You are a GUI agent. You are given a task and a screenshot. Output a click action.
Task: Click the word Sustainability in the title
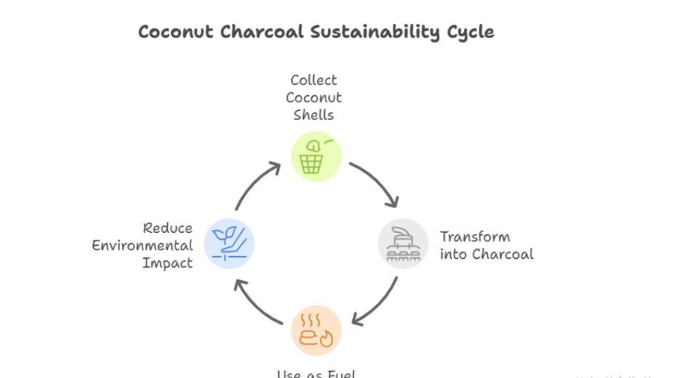pyautogui.click(x=376, y=32)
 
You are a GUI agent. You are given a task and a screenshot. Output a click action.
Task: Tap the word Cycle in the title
pyautogui.click(x=470, y=32)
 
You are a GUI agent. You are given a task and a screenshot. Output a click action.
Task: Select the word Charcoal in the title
pyautogui.click(x=266, y=32)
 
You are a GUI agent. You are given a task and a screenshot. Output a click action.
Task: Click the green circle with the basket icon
pyautogui.click(x=316, y=157)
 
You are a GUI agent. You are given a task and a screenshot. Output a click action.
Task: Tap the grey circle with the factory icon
pyautogui.click(x=403, y=244)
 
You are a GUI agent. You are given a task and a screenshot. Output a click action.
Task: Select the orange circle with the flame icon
pyautogui.click(x=316, y=331)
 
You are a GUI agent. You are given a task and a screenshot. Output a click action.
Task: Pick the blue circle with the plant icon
pyautogui.click(x=229, y=244)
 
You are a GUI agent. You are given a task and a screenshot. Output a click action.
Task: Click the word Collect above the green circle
pyautogui.click(x=314, y=80)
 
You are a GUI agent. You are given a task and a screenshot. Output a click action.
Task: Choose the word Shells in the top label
pyautogui.click(x=314, y=114)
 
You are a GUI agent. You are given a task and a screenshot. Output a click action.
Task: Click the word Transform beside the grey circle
pyautogui.click(x=475, y=237)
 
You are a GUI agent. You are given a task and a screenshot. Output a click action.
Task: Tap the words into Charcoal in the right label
pyautogui.click(x=487, y=254)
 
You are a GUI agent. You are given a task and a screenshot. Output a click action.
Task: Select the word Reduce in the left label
pyautogui.click(x=168, y=228)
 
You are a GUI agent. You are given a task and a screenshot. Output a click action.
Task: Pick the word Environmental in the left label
pyautogui.click(x=143, y=245)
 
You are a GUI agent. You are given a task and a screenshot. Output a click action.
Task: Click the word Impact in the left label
pyautogui.click(x=167, y=262)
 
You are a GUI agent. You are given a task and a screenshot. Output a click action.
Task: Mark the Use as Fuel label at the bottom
pyautogui.click(x=316, y=374)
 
